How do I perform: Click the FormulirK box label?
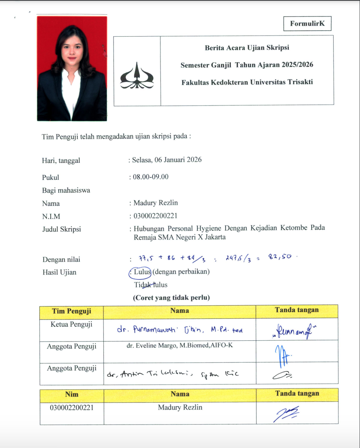click(307, 24)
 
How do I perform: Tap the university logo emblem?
click(137, 76)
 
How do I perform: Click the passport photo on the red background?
click(72, 68)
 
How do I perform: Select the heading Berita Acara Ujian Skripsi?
click(247, 48)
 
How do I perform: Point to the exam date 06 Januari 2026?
click(177, 160)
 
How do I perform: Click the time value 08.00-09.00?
click(151, 177)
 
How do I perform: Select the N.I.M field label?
click(51, 216)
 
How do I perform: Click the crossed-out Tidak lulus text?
click(151, 285)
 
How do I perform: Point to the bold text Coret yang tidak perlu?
click(171, 297)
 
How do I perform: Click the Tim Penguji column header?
click(71, 311)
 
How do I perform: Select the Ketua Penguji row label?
click(71, 324)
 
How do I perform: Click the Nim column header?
click(72, 394)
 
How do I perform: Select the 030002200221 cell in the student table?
click(72, 408)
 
